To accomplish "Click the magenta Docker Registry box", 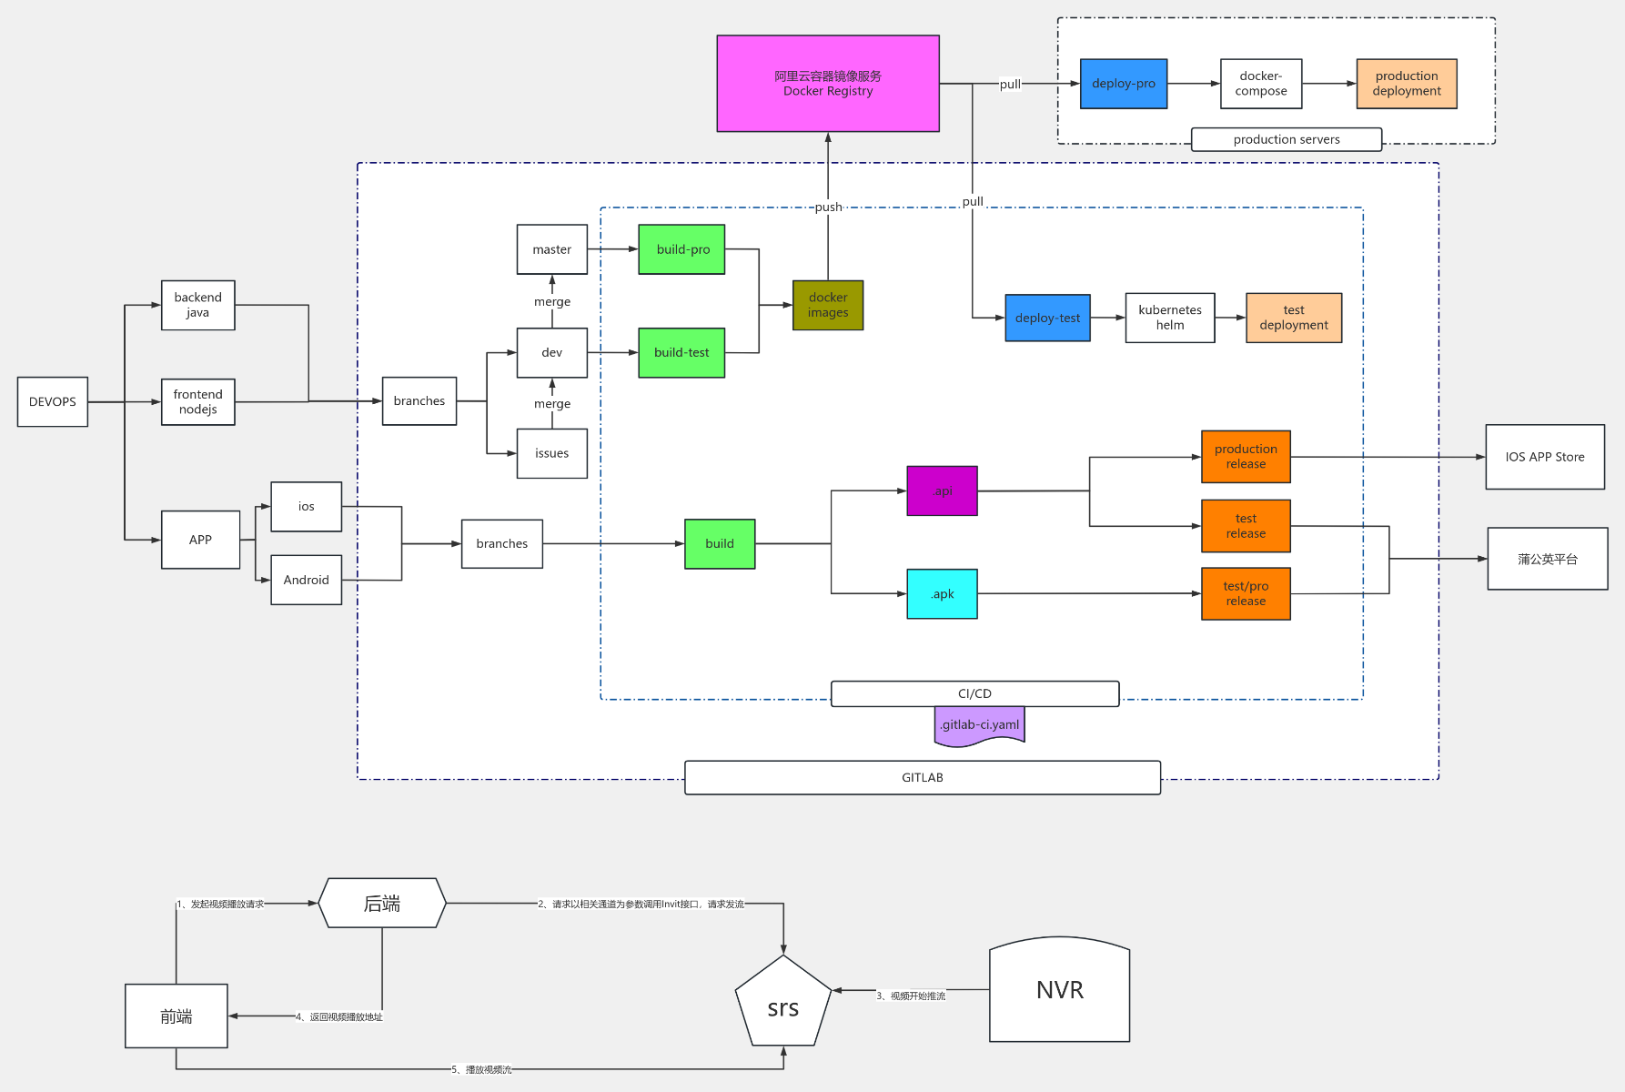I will (x=827, y=84).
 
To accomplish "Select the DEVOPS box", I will (x=53, y=401).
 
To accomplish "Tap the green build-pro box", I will (x=681, y=249).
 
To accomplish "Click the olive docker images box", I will (x=827, y=305).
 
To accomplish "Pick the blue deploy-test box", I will (x=1047, y=318).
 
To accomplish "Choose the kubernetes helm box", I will (x=1169, y=318).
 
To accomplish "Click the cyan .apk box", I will (x=942, y=594).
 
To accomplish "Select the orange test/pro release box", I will (x=1246, y=593).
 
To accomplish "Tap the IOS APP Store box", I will (x=1544, y=457).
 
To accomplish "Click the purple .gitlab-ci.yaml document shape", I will (x=979, y=725).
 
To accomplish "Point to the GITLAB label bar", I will (x=922, y=777).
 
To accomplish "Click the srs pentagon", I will (x=782, y=1004).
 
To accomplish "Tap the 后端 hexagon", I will (x=382, y=903).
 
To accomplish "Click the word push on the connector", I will (x=828, y=207).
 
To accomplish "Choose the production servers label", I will (x=1286, y=139).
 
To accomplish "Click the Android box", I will (x=306, y=580).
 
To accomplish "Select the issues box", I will (x=551, y=453).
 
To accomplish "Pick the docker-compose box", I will (x=1260, y=84).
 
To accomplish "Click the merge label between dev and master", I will (x=552, y=302).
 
